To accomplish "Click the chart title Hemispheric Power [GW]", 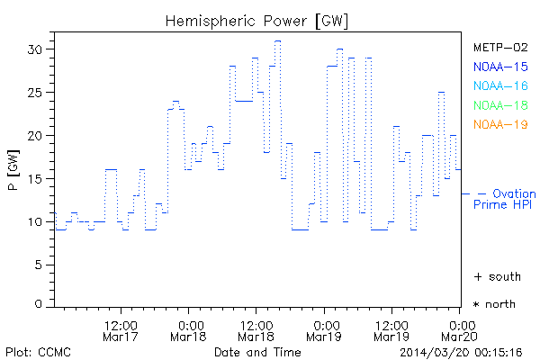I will pos(257,20).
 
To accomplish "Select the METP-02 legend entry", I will pos(499,48).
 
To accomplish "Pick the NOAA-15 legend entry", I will pos(499,67).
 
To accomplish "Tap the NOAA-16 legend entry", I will pos(499,85).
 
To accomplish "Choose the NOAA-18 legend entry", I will pos(499,105).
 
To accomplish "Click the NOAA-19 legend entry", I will pos(499,124).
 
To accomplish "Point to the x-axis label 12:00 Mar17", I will pos(121,330).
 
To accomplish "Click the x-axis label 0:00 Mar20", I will pos(460,330).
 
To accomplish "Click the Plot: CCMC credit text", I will pos(38,351).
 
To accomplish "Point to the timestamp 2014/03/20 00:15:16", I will pos(462,351).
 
